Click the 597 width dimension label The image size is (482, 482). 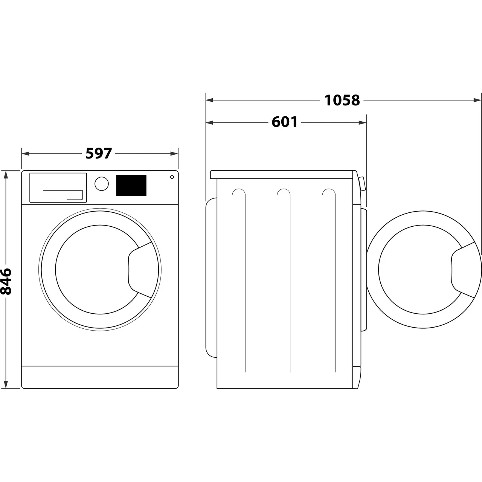click(x=99, y=154)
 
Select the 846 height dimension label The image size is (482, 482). click(x=6, y=281)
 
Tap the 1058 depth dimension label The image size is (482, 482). click(x=342, y=100)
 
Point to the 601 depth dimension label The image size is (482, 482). click(x=285, y=122)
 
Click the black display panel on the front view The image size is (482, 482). click(x=131, y=185)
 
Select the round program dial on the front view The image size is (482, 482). click(x=102, y=184)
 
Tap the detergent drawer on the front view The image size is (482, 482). click(x=58, y=188)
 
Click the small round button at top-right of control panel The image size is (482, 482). click(x=172, y=177)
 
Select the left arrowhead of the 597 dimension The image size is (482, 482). click(x=25, y=154)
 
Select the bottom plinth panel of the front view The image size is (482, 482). click(x=100, y=377)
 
